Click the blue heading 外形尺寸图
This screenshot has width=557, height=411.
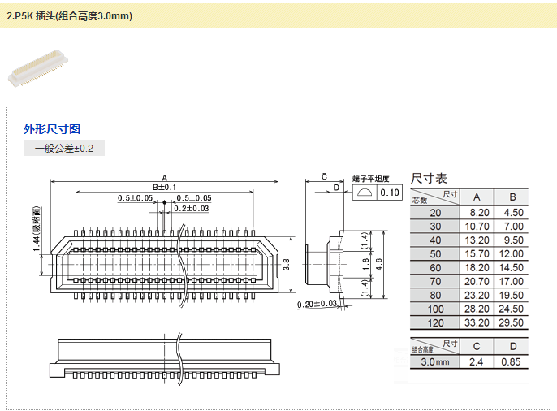click(x=52, y=129)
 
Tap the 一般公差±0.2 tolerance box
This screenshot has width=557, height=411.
click(x=64, y=149)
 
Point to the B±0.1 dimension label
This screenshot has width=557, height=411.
click(x=164, y=188)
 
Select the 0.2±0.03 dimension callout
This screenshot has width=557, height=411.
click(x=190, y=209)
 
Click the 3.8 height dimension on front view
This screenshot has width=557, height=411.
click(x=286, y=264)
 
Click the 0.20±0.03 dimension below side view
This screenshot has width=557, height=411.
click(x=317, y=304)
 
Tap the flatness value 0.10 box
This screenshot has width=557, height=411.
click(x=390, y=193)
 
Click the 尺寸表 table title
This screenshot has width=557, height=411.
click(x=429, y=178)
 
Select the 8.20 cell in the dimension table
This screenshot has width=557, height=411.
click(x=477, y=212)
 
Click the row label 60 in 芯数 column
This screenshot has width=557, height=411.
click(x=435, y=267)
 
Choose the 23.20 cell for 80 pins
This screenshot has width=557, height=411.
click(x=477, y=295)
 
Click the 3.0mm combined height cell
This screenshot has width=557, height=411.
click(x=435, y=361)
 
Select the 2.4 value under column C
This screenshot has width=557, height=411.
click(x=477, y=361)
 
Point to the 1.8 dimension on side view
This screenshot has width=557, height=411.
click(x=365, y=265)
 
